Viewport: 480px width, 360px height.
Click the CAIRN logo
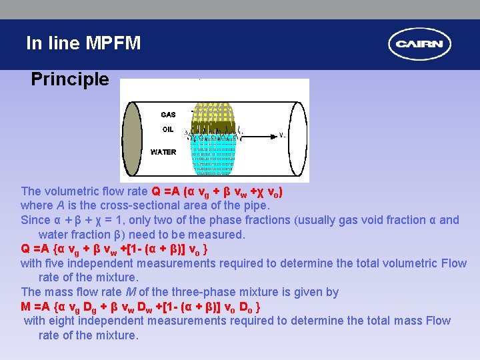[419, 45]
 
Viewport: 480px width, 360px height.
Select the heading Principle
[69, 80]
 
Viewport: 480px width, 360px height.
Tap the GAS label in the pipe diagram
[168, 115]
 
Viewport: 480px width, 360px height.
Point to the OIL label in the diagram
[167, 129]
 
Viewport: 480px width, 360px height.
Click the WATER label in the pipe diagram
[163, 152]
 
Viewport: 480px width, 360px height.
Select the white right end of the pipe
[298, 138]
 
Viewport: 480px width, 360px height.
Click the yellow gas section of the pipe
[213, 111]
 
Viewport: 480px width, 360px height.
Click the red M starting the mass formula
[26, 307]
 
